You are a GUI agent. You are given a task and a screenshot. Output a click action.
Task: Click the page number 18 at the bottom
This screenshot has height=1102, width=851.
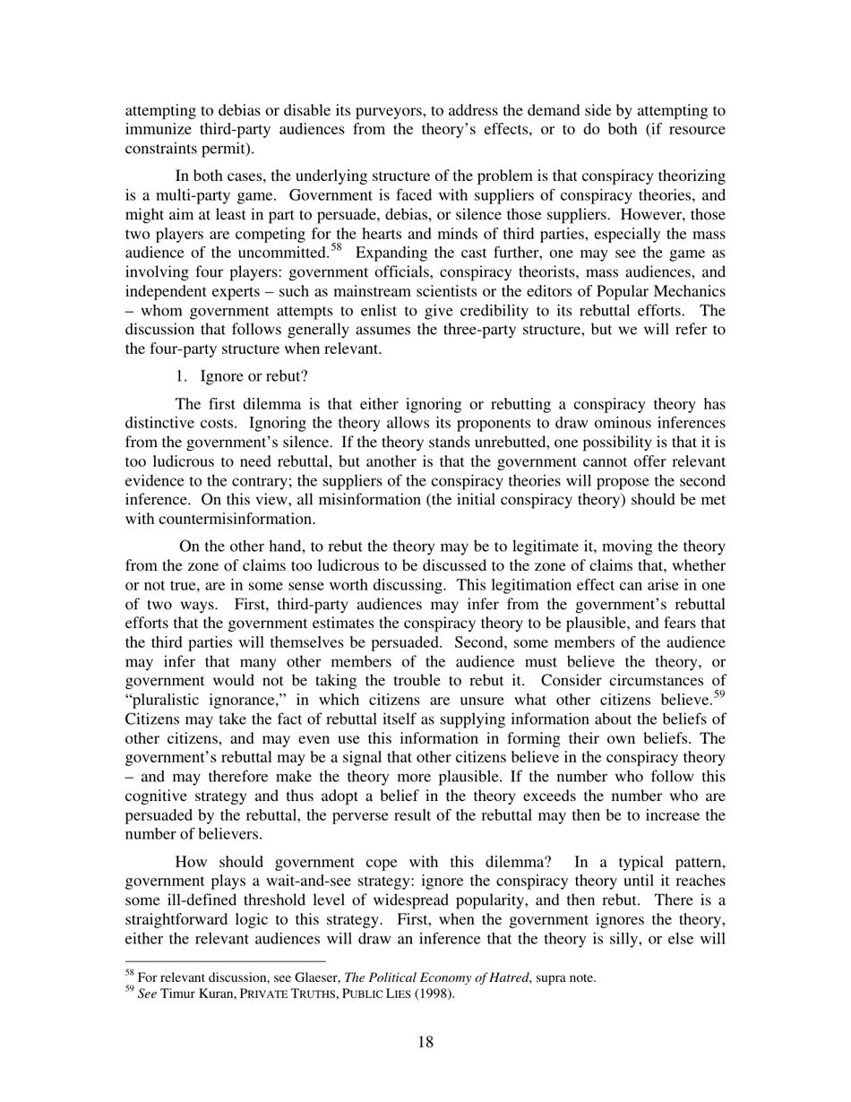pyautogui.click(x=425, y=1041)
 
